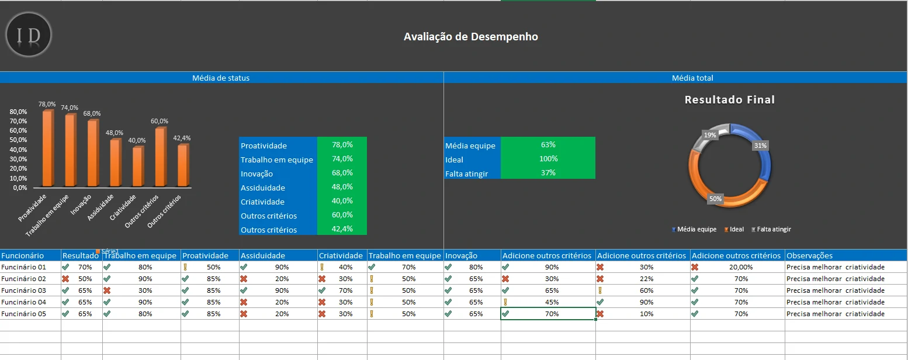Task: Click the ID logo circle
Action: coord(29,35)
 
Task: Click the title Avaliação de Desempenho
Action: coord(470,37)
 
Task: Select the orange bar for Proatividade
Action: coord(47,148)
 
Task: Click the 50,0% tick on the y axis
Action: coord(19,140)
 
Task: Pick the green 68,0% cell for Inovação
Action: coord(342,173)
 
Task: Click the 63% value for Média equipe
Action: coord(547,145)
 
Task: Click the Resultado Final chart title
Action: coord(729,100)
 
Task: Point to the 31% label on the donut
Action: coord(760,146)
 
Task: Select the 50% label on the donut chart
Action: coord(715,199)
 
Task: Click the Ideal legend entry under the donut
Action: coord(736,230)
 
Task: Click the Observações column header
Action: coord(809,255)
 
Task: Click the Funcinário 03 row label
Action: coord(23,290)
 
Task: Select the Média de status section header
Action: coord(221,78)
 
